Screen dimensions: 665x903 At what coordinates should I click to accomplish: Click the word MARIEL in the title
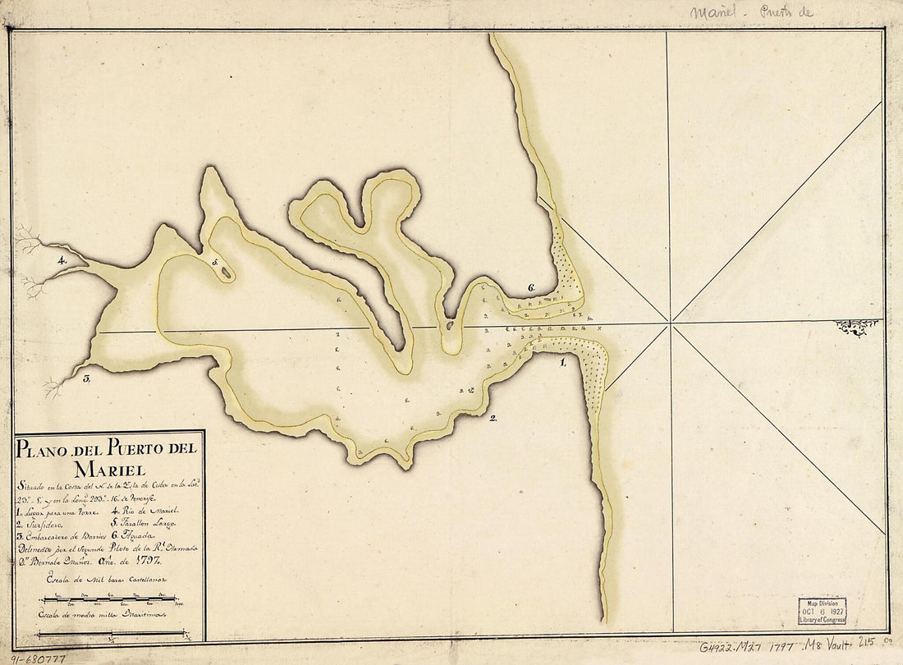[x=109, y=470]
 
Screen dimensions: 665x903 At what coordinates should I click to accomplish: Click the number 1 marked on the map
[x=562, y=361]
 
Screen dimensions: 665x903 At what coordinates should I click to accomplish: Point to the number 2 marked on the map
[x=493, y=419]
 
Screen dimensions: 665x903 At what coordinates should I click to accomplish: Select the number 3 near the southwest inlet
[x=85, y=378]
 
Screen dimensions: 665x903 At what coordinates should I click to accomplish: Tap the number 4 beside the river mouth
[x=61, y=260]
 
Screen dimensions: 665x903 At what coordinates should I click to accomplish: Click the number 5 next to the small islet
[x=215, y=263]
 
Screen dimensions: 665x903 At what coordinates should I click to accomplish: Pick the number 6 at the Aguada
[x=531, y=287]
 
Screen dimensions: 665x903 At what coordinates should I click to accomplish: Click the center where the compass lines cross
[x=671, y=322]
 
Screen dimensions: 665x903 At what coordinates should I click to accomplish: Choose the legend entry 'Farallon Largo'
[x=144, y=523]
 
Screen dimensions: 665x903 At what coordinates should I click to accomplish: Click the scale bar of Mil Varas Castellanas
[x=109, y=598]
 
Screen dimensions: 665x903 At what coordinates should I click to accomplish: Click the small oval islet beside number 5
[x=224, y=273]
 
